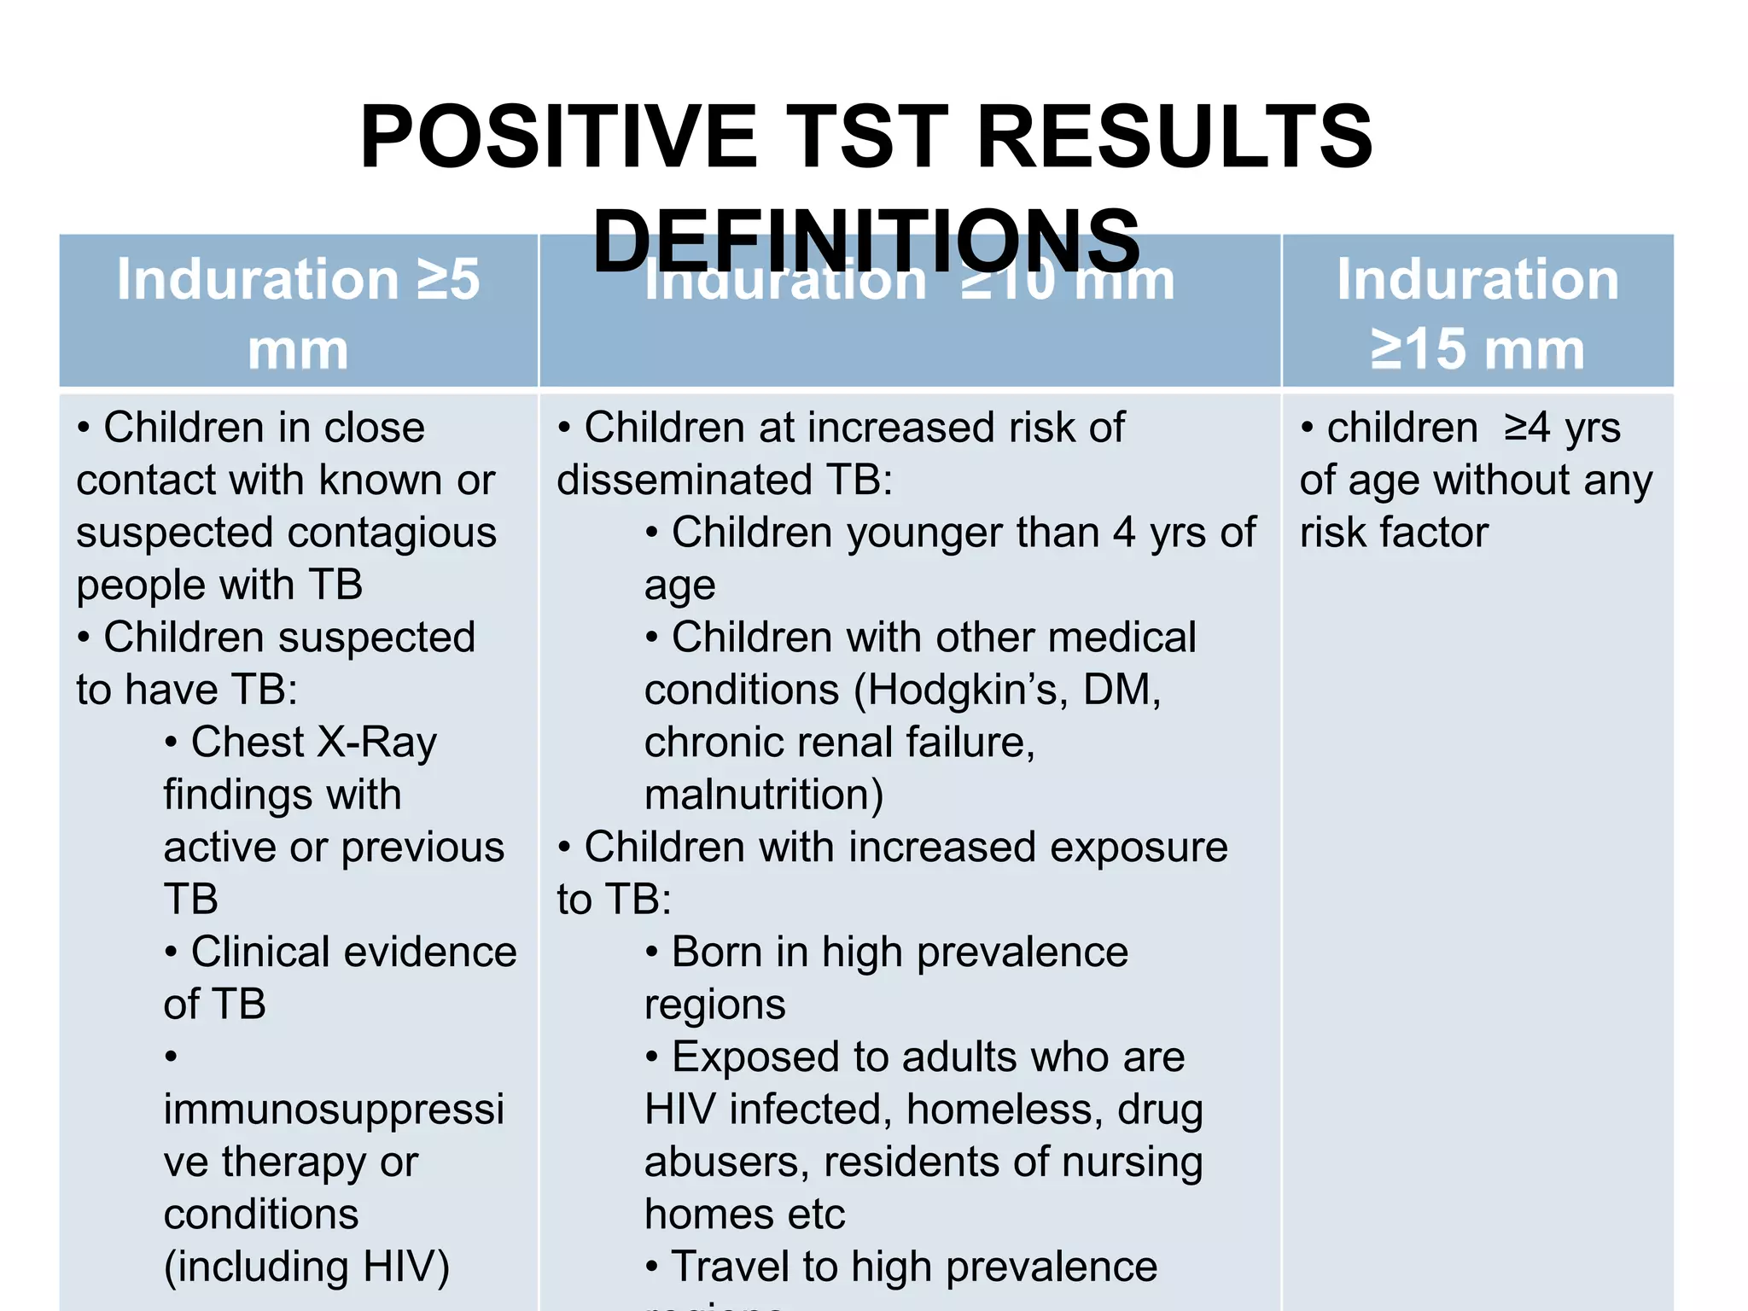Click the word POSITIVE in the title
pyautogui.click(x=559, y=137)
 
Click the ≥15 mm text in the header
pyautogui.click(x=1477, y=349)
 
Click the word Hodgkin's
pyautogui.click(x=960, y=690)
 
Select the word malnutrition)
pyautogui.click(x=764, y=795)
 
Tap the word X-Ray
pyautogui.click(x=376, y=742)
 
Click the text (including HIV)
pyautogui.click(x=306, y=1267)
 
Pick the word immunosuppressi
pyautogui.click(x=334, y=1110)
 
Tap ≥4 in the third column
pyautogui.click(x=1527, y=428)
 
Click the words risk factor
pyautogui.click(x=1394, y=533)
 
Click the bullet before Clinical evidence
pyautogui.click(x=172, y=953)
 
